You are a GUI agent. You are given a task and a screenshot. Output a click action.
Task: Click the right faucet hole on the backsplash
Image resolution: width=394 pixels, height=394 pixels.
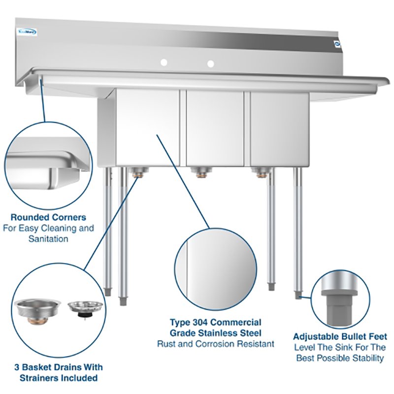tap(211, 64)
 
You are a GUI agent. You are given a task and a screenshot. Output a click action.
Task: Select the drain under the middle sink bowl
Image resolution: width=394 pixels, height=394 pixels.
tap(201, 172)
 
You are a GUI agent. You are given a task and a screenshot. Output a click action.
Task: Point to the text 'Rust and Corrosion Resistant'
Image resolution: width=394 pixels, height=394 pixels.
tap(216, 344)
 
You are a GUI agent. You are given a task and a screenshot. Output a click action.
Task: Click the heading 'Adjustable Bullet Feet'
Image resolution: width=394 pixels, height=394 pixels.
tap(340, 337)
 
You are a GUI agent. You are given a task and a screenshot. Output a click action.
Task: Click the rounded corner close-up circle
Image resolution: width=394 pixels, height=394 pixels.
tap(48, 162)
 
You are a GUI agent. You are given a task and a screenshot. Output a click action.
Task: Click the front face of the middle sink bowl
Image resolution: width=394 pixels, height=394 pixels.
tap(214, 128)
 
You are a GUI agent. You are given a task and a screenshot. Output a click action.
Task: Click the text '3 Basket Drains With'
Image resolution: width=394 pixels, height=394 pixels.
tap(58, 367)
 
